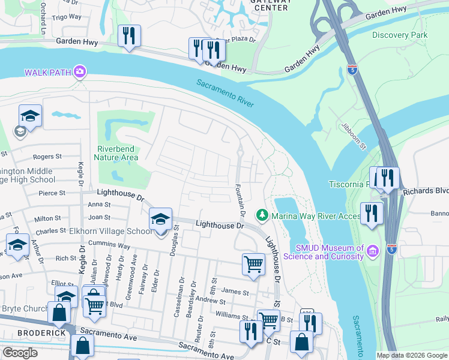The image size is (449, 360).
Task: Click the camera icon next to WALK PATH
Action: (x=79, y=73)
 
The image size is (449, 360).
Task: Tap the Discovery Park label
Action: (x=400, y=35)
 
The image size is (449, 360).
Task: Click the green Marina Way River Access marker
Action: (x=262, y=214)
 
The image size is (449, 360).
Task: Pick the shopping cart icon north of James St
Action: (x=253, y=264)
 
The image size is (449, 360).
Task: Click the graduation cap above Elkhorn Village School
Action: (x=160, y=218)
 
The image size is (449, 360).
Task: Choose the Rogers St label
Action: (x=47, y=157)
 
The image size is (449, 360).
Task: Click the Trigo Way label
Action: (x=67, y=17)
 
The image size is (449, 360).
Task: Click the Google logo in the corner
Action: (x=20, y=353)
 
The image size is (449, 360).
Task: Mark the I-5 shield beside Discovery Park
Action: (x=354, y=70)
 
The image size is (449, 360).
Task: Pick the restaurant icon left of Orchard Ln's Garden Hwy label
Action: (x=128, y=35)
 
